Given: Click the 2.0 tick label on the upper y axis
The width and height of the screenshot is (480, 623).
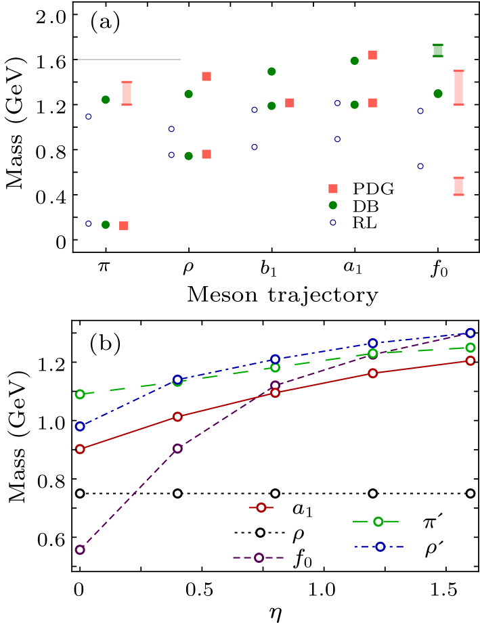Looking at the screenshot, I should pos(43,16).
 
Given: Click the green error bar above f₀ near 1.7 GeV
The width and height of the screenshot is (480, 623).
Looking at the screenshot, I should pos(438,51).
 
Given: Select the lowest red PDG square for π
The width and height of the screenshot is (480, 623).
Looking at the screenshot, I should pos(124,225).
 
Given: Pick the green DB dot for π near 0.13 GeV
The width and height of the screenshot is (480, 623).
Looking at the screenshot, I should pos(106,225).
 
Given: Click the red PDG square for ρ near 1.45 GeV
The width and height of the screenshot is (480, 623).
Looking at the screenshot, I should pos(206,76).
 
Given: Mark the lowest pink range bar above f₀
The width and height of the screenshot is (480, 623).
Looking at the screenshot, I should pos(458,186).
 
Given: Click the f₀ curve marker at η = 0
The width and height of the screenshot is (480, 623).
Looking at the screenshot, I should pos(80,550).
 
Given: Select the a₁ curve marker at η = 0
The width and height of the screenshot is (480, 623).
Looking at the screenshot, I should pos(80,449).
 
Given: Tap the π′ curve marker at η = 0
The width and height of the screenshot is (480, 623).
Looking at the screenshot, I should pos(80,394).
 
